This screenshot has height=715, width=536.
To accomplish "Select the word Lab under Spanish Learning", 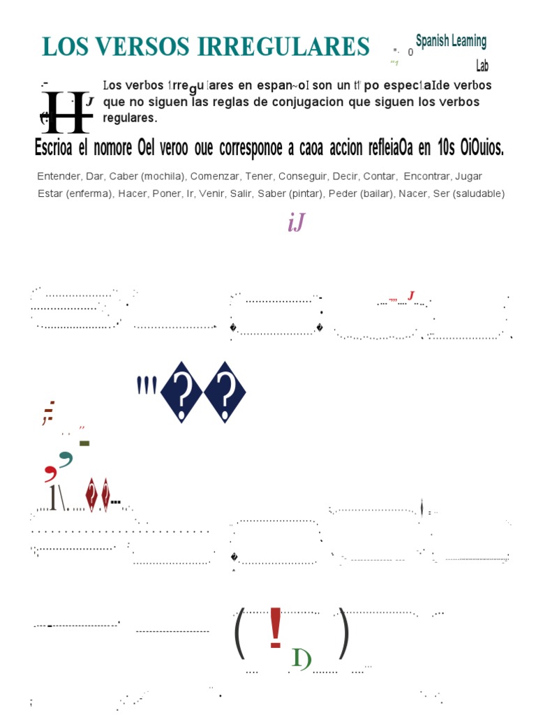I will click(x=482, y=66).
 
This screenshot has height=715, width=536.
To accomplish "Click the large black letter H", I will click(x=66, y=112).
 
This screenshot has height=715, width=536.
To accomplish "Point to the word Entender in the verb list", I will click(x=59, y=176).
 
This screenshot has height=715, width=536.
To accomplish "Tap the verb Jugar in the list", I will click(x=468, y=176).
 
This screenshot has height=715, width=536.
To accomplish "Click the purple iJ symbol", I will click(x=296, y=223).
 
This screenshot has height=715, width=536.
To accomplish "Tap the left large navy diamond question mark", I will click(x=181, y=392).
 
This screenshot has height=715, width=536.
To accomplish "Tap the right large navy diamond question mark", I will click(x=225, y=392).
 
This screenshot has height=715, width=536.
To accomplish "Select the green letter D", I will click(x=301, y=658).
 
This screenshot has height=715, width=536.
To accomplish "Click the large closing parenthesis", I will click(x=343, y=633).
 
